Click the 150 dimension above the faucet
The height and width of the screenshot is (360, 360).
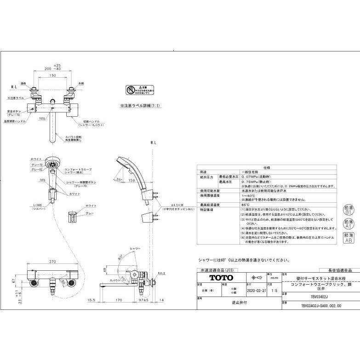[53, 75]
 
